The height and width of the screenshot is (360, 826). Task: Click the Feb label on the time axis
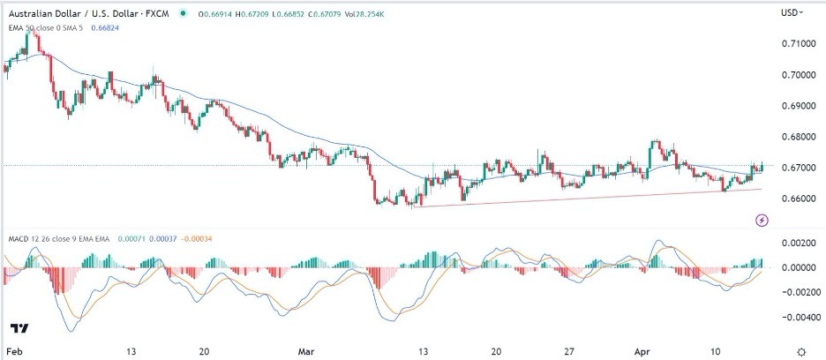[x=14, y=349]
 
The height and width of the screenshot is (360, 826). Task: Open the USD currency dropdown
[x=791, y=12]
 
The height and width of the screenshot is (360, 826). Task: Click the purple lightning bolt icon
[x=761, y=218]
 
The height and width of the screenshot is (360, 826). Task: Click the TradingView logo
[x=19, y=328]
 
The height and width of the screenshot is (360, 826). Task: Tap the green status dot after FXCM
[x=183, y=13]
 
